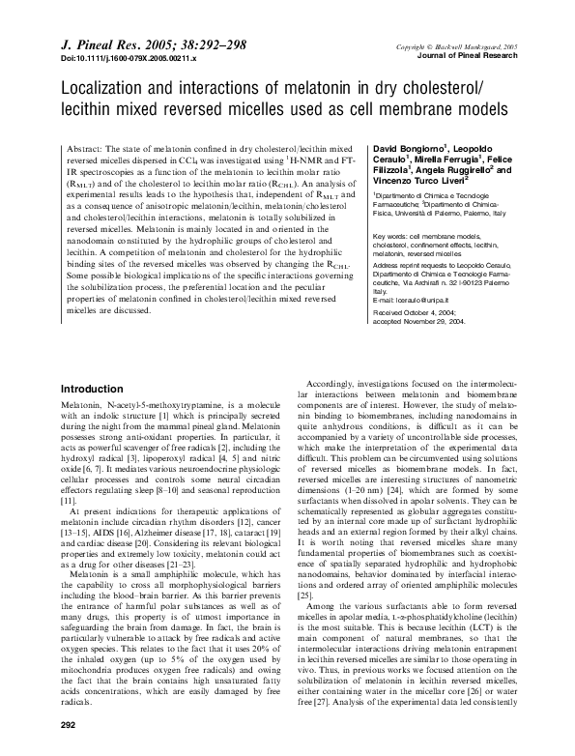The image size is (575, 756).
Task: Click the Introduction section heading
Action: click(96, 388)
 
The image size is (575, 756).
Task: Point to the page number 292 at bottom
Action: click(68, 724)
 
